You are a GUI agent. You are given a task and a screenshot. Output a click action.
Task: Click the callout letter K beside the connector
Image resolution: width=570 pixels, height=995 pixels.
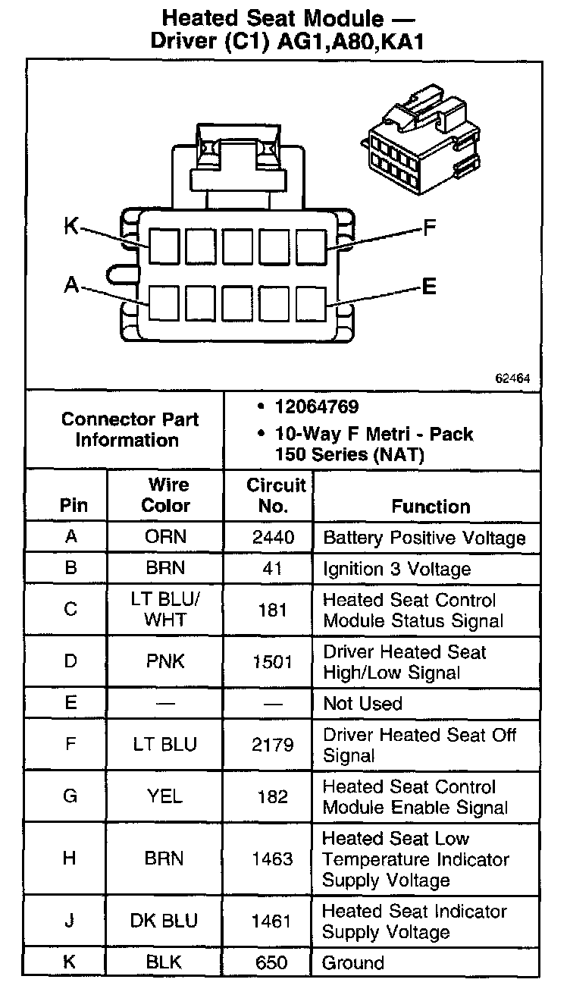71,226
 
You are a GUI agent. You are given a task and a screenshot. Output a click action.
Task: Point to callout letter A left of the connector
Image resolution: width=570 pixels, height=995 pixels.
72,284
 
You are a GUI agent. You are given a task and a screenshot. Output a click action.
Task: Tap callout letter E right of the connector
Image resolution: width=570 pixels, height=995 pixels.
429,287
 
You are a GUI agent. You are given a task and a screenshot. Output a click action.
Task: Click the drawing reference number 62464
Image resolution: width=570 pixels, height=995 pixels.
512,378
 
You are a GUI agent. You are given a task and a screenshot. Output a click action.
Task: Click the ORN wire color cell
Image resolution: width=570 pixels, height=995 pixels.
165,538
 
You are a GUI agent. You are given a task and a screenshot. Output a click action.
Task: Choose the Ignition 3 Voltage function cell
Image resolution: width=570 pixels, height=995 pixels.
396,569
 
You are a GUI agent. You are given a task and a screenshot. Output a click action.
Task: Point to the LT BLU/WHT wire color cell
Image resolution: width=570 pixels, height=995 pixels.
165,610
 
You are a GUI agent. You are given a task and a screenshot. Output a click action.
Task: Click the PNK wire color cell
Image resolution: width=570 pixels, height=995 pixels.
165,661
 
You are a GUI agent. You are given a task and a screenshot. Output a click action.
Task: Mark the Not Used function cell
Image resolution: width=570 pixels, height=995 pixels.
362,703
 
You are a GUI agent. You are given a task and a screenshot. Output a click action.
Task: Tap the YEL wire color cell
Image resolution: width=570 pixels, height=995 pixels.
165,796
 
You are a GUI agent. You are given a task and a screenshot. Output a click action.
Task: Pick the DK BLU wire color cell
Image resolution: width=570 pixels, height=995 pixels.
165,921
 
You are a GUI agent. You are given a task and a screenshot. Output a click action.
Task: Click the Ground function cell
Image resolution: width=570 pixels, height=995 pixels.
353,963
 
